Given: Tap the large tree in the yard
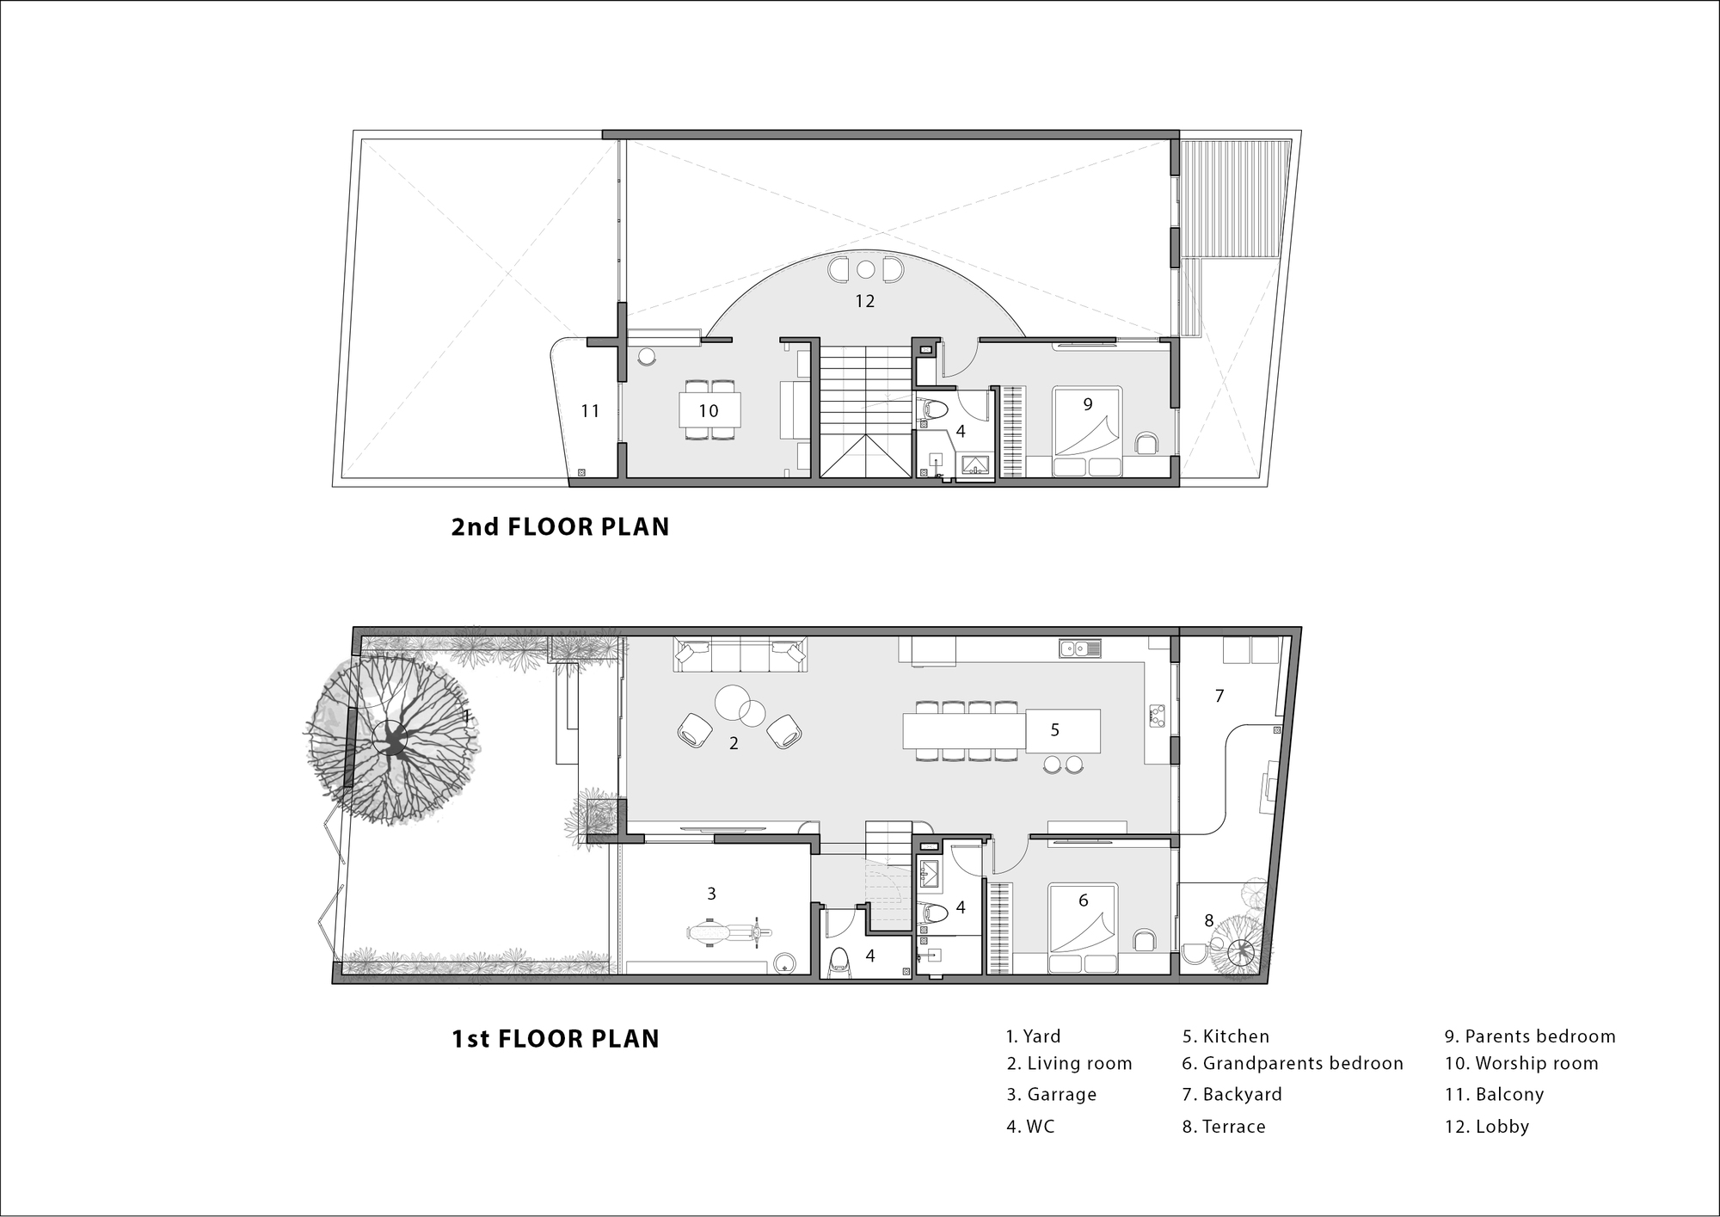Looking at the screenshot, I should point(392,737).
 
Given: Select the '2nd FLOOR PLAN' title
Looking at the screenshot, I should point(560,526).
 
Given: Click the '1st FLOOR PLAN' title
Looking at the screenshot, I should point(556,1038).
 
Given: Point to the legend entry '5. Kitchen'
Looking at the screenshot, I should point(1225,1036).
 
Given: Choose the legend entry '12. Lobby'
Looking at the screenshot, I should point(1487,1126).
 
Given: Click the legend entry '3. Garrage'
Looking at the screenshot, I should point(1052,1094).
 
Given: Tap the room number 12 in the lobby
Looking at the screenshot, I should point(864,301).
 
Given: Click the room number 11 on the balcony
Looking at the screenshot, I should point(590,411).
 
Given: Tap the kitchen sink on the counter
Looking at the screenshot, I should point(1080,648).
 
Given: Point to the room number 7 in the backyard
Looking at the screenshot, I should point(1219,696).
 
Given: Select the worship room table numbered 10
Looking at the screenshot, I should point(709,410).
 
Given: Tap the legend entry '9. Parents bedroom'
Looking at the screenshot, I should point(1530,1036).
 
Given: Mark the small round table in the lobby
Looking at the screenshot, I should point(865,270).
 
